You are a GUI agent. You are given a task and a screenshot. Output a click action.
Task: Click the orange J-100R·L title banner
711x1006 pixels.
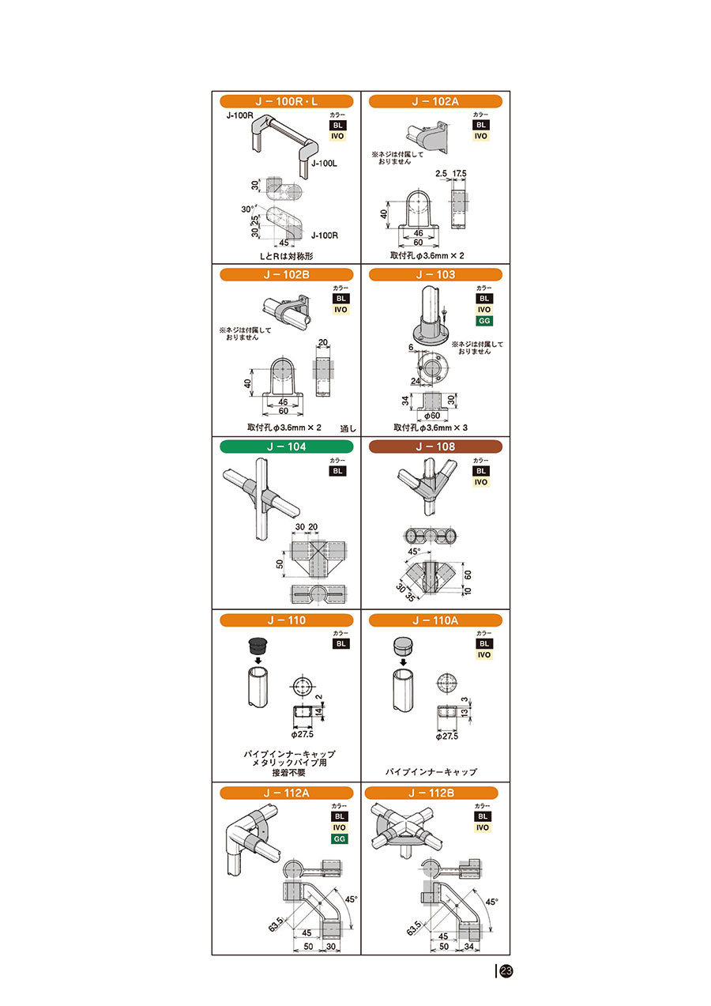click(286, 101)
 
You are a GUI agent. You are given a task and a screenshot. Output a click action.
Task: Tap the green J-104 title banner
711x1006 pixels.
click(286, 446)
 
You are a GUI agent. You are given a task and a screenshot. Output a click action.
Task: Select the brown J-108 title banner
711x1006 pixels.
click(435, 446)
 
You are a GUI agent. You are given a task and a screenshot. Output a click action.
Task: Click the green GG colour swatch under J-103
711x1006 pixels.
click(483, 321)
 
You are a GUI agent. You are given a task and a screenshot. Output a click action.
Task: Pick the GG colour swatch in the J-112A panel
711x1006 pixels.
click(340, 839)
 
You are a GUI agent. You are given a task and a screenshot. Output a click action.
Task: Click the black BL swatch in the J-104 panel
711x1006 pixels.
click(338, 471)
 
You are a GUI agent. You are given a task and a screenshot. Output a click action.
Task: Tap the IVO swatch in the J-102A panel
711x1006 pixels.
click(481, 136)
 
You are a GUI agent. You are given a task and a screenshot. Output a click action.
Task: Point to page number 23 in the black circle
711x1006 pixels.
click(506, 971)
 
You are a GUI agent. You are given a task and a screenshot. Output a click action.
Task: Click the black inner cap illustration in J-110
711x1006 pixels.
click(258, 646)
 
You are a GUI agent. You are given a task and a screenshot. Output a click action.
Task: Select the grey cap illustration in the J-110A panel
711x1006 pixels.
click(403, 646)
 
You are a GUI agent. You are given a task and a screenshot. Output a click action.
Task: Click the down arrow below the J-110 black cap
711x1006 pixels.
click(258, 661)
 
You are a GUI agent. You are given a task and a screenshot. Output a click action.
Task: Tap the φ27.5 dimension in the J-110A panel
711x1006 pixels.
click(447, 736)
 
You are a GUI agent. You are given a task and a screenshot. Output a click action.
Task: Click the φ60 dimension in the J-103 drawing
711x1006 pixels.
click(432, 416)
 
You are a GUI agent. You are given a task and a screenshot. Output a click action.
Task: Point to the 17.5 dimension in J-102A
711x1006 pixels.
click(459, 173)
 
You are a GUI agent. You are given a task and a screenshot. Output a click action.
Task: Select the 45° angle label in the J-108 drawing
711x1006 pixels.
click(414, 552)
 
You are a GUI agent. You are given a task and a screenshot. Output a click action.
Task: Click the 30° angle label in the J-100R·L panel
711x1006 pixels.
click(247, 209)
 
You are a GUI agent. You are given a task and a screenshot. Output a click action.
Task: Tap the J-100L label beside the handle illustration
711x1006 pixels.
click(324, 164)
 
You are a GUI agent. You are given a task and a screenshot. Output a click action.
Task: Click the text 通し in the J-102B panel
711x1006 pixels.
click(348, 429)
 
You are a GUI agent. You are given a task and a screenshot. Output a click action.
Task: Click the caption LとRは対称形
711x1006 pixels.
click(286, 257)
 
